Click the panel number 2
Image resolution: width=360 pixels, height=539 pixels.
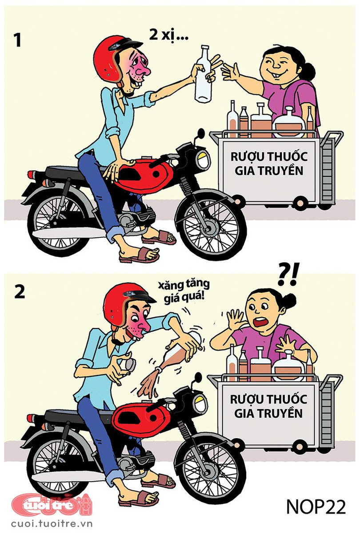[x=19, y=293]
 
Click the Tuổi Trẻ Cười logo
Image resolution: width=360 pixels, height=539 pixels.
[x=51, y=505]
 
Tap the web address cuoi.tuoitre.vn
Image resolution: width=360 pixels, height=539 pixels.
[x=52, y=523]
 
